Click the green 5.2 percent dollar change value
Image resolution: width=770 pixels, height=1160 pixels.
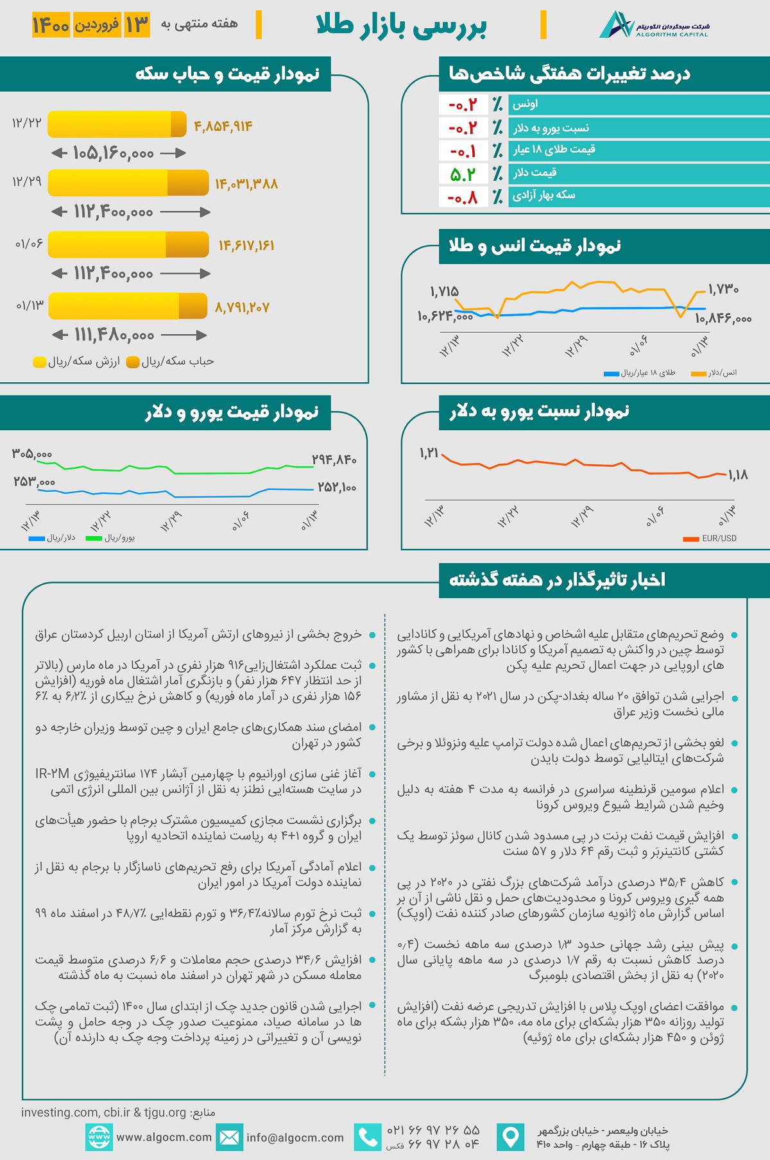pos(463,174)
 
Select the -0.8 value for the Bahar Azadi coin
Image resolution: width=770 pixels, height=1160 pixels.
pos(463,197)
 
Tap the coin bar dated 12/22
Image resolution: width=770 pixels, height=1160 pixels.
pos(117,124)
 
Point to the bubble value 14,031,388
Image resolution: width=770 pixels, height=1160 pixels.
pos(246,184)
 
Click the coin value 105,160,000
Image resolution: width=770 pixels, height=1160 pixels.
pos(114,153)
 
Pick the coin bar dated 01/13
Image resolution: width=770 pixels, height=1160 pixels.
pos(128,306)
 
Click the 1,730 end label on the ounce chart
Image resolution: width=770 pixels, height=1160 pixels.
pos(723,289)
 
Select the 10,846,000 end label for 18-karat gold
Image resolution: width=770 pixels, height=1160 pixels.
pos(723,318)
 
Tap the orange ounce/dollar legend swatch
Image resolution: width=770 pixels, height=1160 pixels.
pos(698,373)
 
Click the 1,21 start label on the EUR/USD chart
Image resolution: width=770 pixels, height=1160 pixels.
pos(429,453)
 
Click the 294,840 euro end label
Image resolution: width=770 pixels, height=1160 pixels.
pos(334,459)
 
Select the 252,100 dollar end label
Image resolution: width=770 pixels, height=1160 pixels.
pos(337,487)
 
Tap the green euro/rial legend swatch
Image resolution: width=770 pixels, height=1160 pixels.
pos(94,538)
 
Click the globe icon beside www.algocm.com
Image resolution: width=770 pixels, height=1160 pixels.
pos(99,1137)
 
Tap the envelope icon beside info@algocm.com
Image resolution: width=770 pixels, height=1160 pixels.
pos(229,1137)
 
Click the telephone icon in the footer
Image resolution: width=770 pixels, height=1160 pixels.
pos(368,1137)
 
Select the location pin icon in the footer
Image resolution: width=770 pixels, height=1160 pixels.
pos(511,1137)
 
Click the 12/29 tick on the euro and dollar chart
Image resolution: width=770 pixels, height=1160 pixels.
pos(171,521)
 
